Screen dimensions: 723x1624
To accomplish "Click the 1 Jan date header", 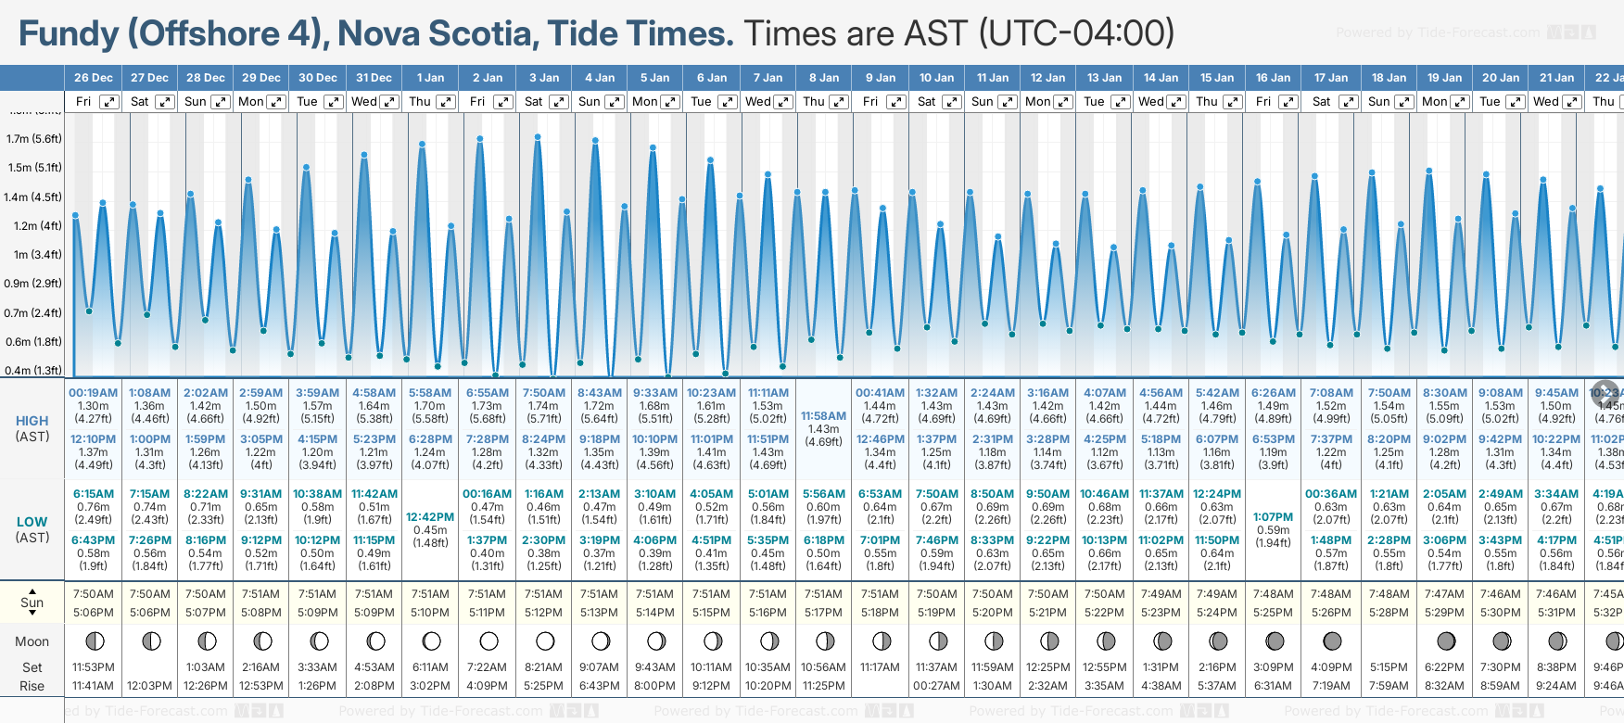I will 430,78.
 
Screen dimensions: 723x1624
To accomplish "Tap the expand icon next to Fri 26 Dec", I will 109,102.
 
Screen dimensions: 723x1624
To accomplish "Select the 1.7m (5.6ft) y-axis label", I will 33,139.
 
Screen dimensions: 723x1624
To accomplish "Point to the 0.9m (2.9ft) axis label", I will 33,284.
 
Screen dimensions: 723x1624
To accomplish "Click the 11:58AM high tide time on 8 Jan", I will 823,416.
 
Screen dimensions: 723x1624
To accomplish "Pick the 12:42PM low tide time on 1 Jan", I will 430,517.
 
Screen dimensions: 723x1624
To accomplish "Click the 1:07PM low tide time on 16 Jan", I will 1273,517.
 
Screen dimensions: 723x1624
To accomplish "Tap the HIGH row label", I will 32,421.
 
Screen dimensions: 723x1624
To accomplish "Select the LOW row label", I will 32,522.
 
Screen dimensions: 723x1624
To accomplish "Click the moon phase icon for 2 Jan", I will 488,641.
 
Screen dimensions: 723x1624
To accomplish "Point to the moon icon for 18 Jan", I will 1389,641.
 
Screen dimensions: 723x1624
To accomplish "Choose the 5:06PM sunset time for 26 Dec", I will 94,613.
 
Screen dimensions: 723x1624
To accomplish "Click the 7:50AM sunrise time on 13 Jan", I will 1105,594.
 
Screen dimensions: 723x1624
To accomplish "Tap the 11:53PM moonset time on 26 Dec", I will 94,667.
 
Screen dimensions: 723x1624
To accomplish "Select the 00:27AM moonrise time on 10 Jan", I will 936,686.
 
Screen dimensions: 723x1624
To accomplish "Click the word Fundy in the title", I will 69,34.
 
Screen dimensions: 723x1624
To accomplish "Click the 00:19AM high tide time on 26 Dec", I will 93,393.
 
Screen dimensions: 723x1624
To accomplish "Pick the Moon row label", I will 32,641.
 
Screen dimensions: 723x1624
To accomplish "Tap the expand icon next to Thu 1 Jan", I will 446,102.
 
